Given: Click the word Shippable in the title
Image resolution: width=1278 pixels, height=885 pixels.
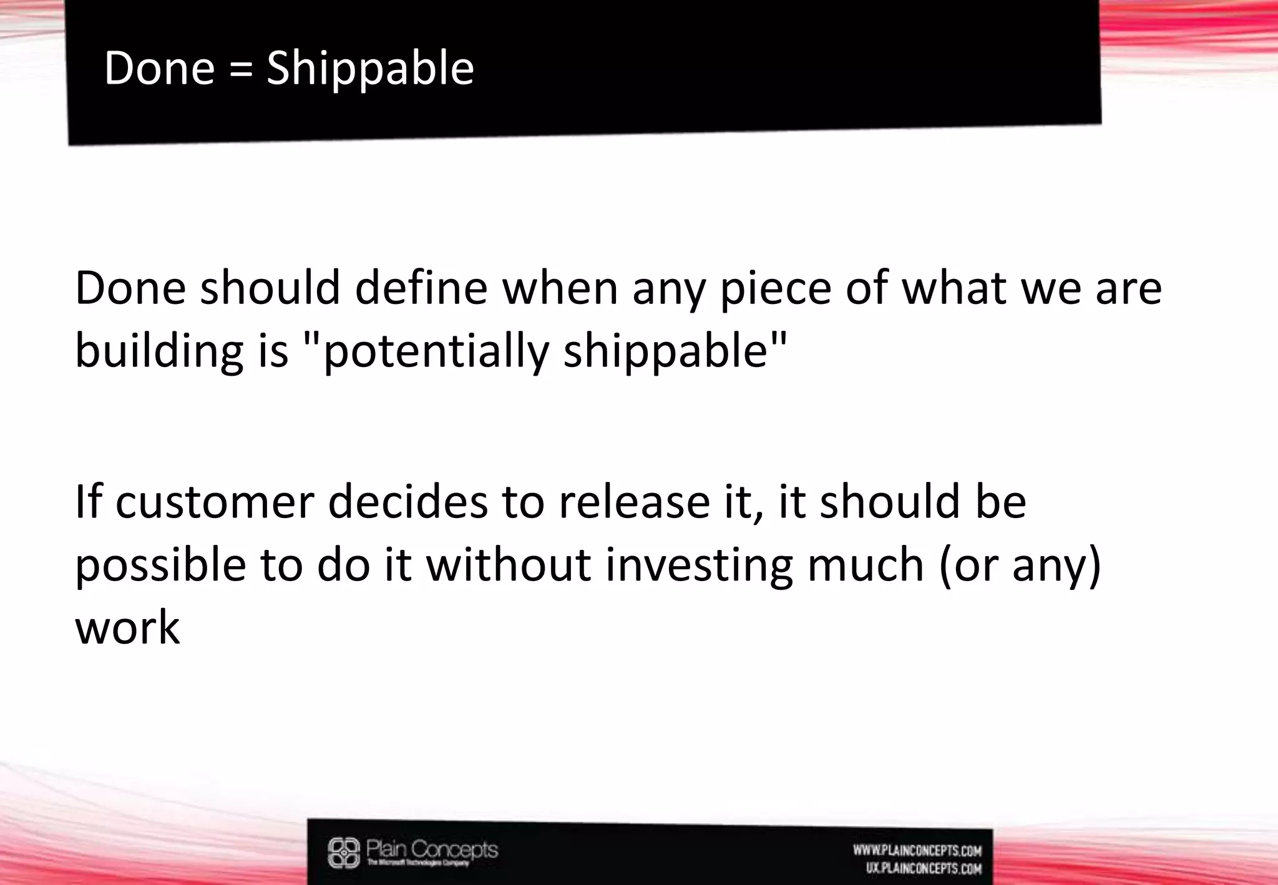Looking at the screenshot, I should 370,68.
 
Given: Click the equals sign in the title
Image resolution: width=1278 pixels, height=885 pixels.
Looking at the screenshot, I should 241,69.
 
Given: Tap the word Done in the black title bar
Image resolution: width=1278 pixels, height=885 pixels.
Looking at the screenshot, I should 159,68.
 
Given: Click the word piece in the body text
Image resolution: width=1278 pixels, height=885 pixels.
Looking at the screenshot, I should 774,289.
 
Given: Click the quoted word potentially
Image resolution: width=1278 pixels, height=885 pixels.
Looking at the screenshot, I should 436,351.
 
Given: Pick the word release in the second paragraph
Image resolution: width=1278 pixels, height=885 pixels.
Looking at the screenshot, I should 633,502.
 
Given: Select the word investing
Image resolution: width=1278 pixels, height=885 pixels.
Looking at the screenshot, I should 698,565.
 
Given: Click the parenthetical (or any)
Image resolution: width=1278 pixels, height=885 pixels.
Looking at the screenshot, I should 1020,565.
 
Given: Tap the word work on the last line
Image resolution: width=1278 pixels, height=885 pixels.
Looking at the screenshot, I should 127,627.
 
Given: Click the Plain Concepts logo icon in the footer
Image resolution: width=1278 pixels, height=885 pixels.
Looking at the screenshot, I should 344,853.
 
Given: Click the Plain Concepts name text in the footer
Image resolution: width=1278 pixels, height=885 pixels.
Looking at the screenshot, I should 432,849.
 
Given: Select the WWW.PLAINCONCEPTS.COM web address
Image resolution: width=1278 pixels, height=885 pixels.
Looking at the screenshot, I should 917,850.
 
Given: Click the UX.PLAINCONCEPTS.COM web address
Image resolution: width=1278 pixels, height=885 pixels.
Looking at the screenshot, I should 924,868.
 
